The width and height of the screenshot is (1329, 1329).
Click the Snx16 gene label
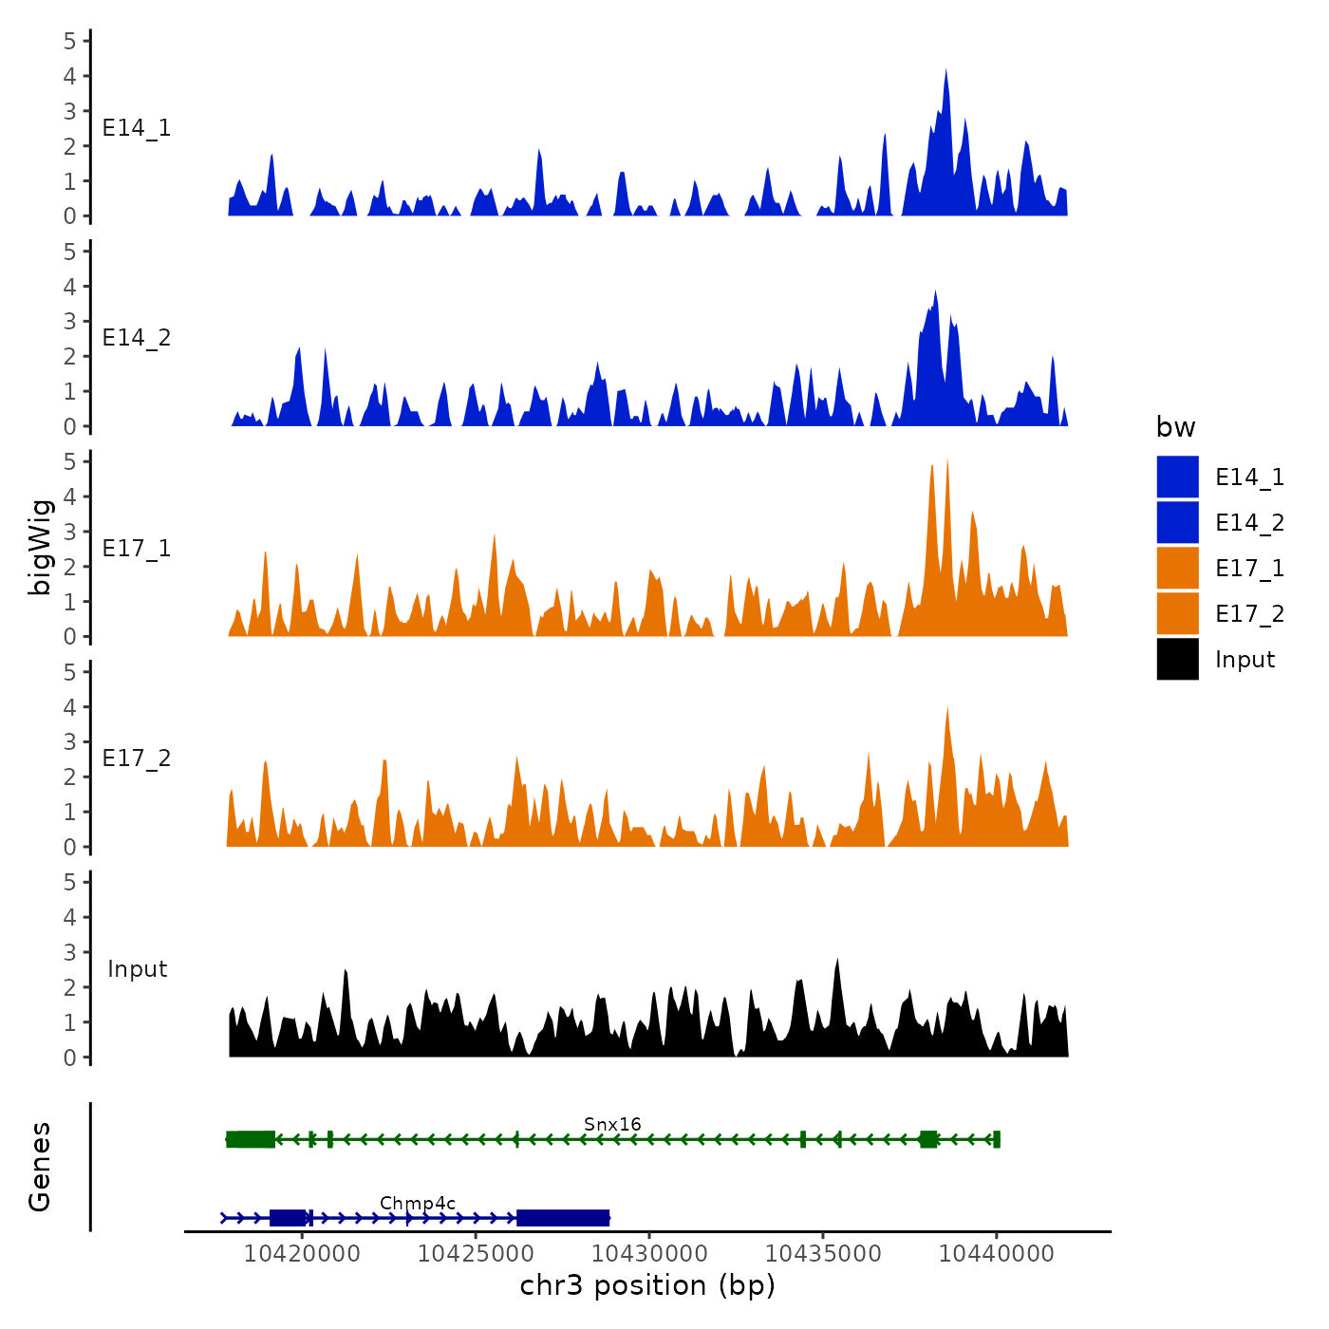(612, 1125)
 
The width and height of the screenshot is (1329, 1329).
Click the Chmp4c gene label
(418, 1204)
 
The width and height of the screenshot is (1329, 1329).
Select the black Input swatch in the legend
(1177, 659)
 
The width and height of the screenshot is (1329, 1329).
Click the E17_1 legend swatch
(1177, 568)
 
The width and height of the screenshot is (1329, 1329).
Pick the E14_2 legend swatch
(1177, 522)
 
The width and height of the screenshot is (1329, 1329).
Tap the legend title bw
(1175, 428)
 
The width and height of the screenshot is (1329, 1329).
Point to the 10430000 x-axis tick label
(649, 1254)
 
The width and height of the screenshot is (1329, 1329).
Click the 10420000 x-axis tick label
(302, 1254)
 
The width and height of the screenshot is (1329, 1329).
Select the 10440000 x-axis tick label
(997, 1254)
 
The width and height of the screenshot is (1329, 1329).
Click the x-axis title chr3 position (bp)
(647, 1286)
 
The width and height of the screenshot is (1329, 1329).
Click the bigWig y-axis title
(40, 547)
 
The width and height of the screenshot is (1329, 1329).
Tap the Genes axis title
(40, 1167)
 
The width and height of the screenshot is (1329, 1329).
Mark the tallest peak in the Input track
(837, 962)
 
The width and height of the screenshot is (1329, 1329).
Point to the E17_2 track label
(137, 758)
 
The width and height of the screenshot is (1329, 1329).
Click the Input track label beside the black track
(137, 969)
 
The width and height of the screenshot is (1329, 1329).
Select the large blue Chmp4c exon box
(563, 1218)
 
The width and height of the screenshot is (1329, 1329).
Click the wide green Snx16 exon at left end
(251, 1139)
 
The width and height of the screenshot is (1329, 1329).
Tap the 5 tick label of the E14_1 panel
(70, 41)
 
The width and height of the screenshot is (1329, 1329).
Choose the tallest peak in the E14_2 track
(935, 292)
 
